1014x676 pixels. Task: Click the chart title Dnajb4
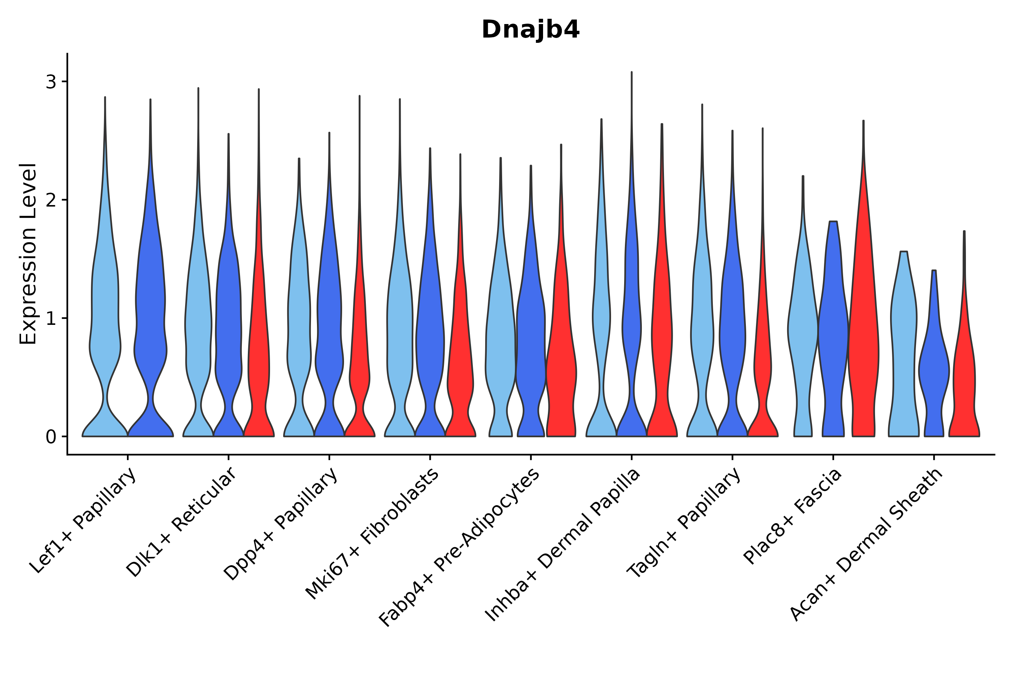(530, 30)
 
